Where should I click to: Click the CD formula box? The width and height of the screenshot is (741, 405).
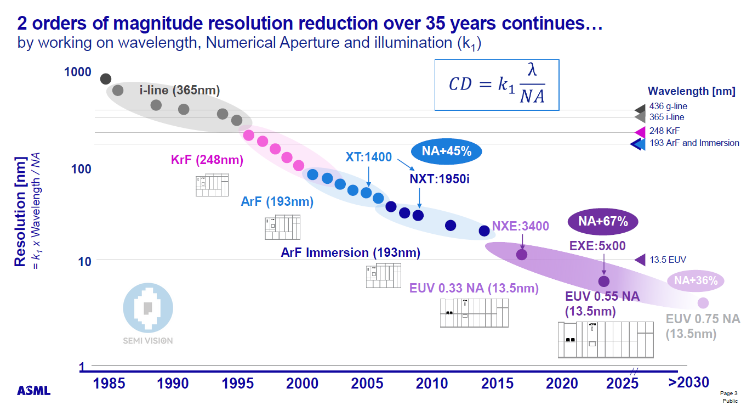click(x=497, y=84)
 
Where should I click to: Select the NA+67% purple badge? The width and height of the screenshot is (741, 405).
click(x=603, y=222)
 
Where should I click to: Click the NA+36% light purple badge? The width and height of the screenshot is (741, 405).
click(x=696, y=280)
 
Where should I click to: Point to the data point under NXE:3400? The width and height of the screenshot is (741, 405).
click(x=522, y=254)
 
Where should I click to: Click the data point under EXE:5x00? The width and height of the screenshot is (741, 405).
click(x=603, y=281)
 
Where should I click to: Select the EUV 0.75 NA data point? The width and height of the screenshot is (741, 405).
click(x=703, y=303)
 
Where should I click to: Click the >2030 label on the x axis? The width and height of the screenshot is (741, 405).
click(x=688, y=382)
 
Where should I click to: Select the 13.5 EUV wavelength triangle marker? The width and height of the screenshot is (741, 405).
click(x=640, y=260)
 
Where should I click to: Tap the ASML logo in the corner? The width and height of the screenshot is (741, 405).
click(x=33, y=391)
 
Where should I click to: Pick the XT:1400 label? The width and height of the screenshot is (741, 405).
click(x=368, y=157)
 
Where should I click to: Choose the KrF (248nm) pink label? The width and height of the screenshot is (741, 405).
click(x=207, y=161)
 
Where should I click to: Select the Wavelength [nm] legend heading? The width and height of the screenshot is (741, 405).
click(x=691, y=91)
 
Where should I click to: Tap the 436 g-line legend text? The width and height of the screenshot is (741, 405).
click(x=668, y=106)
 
